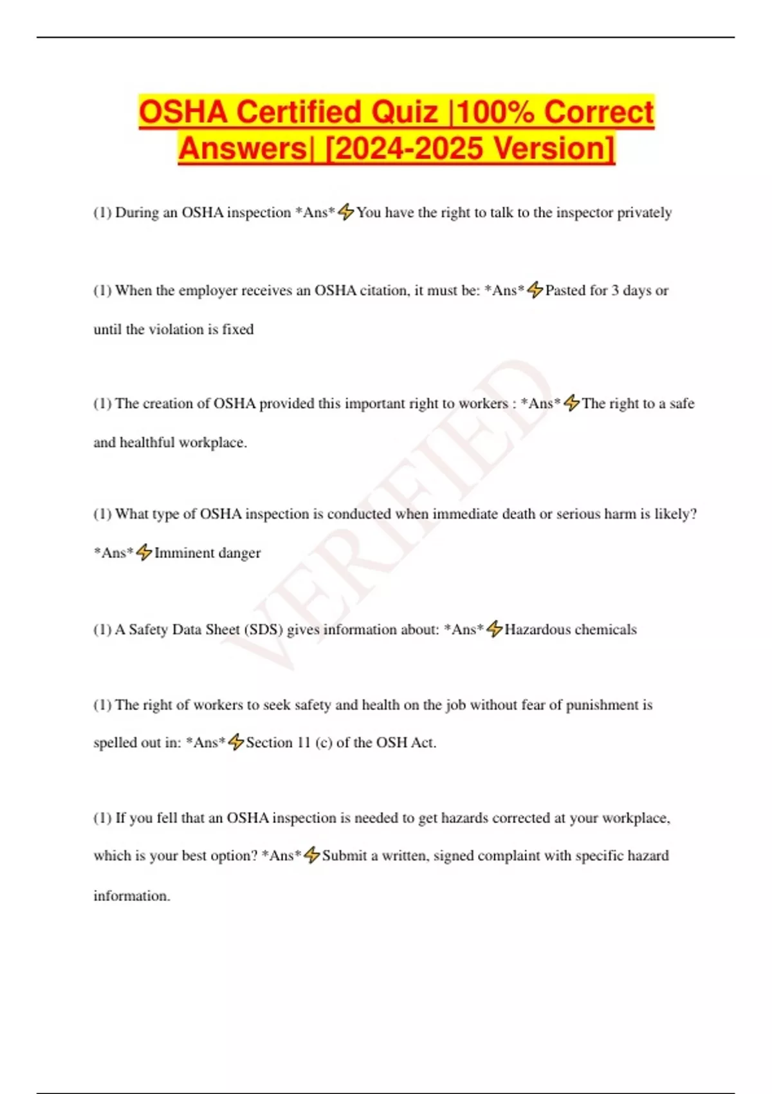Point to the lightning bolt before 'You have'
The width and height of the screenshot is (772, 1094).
[346, 212]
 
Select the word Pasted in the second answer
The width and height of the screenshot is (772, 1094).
[565, 291]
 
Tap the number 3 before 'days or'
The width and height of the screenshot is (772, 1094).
[615, 291]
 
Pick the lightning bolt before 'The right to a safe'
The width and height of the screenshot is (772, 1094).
[571, 403]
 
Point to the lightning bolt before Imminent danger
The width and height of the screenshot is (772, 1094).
[144, 552]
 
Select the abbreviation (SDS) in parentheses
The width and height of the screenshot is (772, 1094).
[264, 629]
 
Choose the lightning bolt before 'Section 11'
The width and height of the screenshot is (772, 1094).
[236, 742]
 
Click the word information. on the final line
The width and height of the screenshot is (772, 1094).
[132, 896]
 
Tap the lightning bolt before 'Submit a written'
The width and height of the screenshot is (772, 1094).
[312, 855]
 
